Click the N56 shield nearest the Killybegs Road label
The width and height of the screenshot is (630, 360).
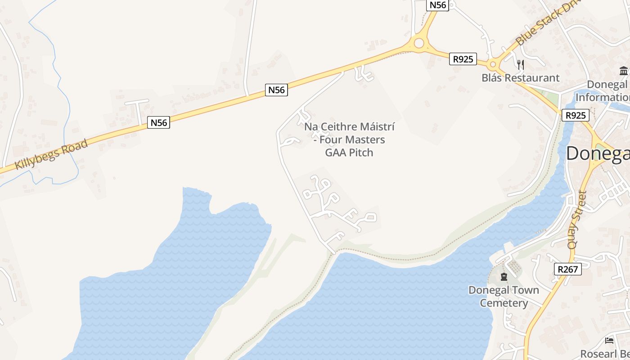point(158,122)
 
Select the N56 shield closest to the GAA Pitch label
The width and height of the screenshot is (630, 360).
point(276,90)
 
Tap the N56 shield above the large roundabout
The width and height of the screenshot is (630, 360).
point(437,5)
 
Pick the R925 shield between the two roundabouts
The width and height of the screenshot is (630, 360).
point(463,59)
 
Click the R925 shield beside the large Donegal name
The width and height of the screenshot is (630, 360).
point(576,115)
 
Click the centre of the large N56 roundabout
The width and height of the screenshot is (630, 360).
point(419,43)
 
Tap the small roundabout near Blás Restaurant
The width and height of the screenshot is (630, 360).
point(494,65)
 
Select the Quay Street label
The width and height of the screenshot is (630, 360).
point(577,220)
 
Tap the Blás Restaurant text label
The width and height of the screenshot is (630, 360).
point(520,78)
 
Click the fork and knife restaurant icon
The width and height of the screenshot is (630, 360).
point(521,65)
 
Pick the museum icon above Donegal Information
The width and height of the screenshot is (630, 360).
point(624,71)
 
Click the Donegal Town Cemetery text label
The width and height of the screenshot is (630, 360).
point(504,296)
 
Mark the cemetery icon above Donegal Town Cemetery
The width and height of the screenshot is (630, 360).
point(504,276)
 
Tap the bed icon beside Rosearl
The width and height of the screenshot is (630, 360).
point(609,341)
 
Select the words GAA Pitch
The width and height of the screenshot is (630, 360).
point(349,153)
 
